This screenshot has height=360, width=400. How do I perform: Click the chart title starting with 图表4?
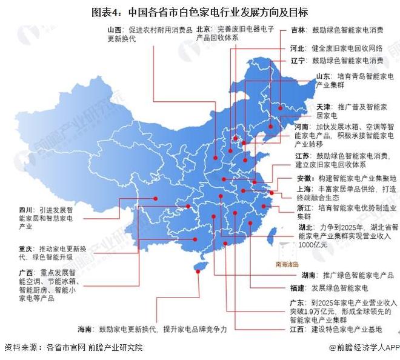pos(200,12)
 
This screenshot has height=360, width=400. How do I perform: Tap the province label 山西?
pos(115,29)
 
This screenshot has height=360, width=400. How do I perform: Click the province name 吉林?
pos(298,29)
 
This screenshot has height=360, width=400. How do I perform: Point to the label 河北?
pos(298,47)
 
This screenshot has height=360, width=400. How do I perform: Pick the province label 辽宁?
pos(298,61)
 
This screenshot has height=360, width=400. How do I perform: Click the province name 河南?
pos(302,127)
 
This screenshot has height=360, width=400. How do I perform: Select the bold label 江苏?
pos(304,156)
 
